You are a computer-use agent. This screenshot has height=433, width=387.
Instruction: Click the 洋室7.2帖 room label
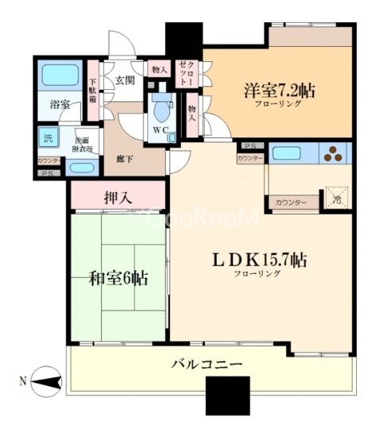coord(279,90)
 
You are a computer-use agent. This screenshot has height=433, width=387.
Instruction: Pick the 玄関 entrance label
coord(124,80)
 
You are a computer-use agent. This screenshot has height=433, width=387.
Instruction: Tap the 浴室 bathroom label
coord(59,104)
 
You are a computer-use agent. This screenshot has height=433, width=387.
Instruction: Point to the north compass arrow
coord(46,382)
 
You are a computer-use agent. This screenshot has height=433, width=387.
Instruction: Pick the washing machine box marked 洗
coord(48,137)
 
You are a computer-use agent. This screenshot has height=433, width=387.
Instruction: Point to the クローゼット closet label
coord(184,70)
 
